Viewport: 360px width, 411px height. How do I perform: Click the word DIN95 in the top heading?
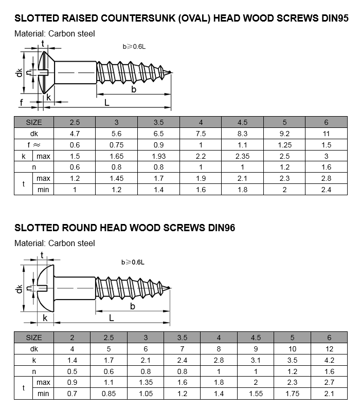coord(335,18)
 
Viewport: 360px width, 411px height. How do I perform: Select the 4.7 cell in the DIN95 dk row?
coord(75,134)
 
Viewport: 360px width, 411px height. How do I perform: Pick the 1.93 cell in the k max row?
coord(158,156)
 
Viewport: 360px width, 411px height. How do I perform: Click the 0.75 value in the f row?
coord(116,145)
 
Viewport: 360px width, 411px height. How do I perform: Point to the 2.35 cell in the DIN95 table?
coord(242,156)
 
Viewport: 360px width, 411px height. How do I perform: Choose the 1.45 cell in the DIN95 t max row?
coord(116,178)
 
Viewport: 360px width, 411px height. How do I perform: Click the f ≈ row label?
coord(34,145)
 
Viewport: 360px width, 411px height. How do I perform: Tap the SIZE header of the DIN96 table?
coord(34,338)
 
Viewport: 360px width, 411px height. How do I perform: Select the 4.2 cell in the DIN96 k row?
coord(329,360)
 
